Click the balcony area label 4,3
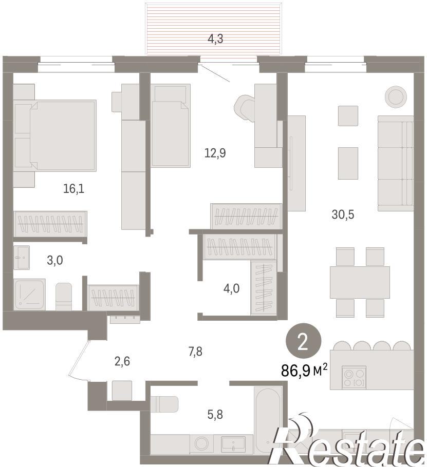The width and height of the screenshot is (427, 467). click(215, 39)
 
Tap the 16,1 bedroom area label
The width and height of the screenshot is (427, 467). click(73, 188)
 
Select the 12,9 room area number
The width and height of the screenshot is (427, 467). click(215, 153)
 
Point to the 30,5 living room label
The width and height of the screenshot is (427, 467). click(343, 215)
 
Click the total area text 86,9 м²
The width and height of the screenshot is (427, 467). click(304, 371)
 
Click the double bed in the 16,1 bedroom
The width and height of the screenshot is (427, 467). click(55, 135)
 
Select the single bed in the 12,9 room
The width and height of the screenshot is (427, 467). click(171, 125)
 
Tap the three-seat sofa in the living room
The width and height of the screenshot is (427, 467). click(395, 164)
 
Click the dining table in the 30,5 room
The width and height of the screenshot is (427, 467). click(360, 282)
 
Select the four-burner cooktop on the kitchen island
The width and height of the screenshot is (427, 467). click(354, 377)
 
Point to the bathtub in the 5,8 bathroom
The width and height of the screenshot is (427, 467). click(268, 419)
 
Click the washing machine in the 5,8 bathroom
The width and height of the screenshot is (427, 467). click(200, 444)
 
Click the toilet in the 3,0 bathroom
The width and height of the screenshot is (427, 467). click(64, 297)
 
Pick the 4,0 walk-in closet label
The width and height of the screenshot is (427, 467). click(231, 288)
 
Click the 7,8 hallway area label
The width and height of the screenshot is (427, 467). click(195, 352)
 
